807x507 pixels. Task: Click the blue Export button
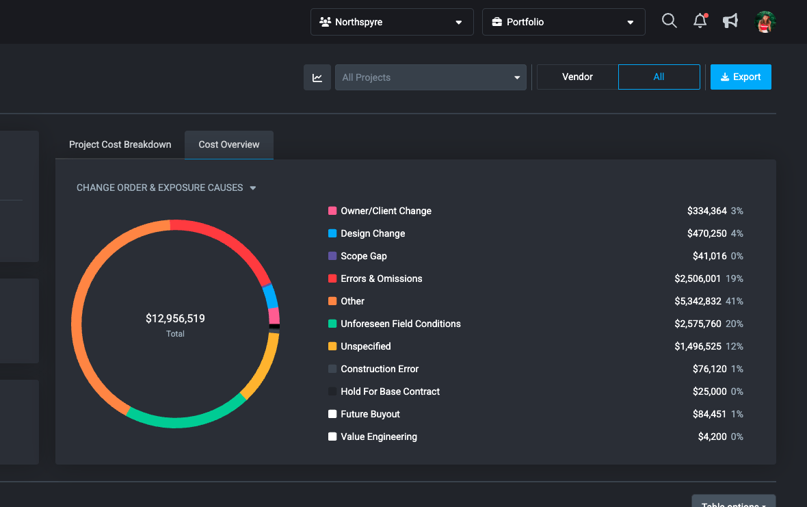tap(741, 77)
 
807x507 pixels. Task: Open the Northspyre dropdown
tap(391, 22)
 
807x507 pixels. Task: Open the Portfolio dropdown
tap(563, 22)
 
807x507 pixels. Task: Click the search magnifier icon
tap(670, 21)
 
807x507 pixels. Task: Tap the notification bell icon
tap(700, 21)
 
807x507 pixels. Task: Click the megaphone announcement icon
tap(730, 21)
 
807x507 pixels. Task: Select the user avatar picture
tap(765, 22)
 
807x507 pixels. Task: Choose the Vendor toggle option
tap(577, 77)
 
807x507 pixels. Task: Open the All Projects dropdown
tap(431, 77)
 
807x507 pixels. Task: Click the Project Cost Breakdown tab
tap(120, 145)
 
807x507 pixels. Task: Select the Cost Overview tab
tap(229, 145)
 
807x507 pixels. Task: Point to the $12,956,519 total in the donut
tap(175, 319)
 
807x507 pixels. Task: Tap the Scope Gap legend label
tap(364, 256)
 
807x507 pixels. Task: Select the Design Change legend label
tap(373, 233)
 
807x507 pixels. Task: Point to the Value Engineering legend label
tap(379, 437)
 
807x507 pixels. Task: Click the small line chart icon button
tap(317, 77)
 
